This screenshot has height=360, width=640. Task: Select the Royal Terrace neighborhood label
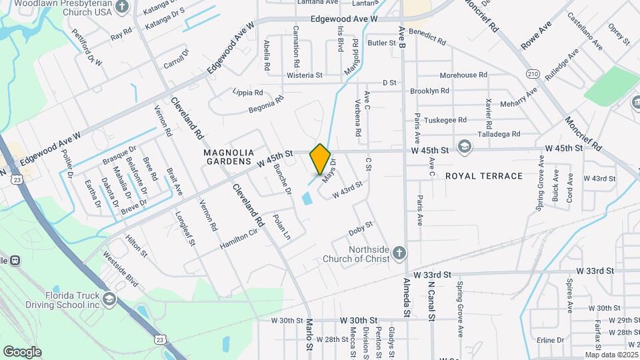483,176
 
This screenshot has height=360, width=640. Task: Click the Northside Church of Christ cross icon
399,253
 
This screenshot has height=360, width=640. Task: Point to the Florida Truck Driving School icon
109,298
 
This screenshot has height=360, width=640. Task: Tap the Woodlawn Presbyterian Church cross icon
121,7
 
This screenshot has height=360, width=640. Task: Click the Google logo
22,351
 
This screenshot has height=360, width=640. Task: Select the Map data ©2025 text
611,355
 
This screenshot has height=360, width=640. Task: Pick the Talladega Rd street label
499,134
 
